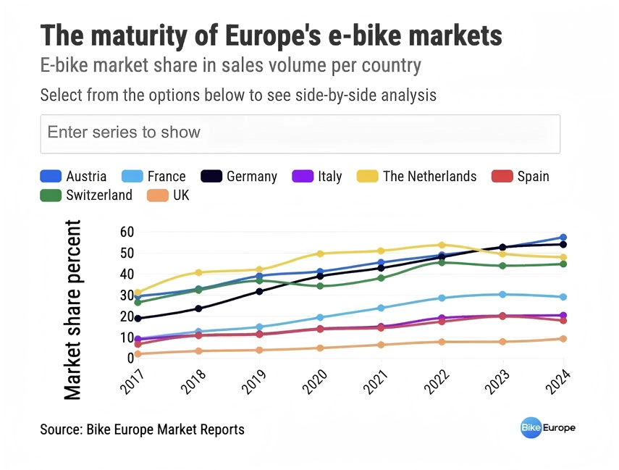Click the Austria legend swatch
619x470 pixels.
(x=51, y=176)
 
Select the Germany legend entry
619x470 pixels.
(x=239, y=176)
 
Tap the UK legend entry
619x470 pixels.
(x=168, y=195)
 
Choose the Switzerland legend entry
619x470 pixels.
(x=86, y=195)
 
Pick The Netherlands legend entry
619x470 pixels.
(x=416, y=176)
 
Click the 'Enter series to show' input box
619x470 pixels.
(x=300, y=134)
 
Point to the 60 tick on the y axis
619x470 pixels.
(x=127, y=232)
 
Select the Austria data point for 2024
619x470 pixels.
(x=563, y=238)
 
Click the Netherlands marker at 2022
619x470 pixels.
(x=442, y=246)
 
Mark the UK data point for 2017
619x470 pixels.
(x=138, y=354)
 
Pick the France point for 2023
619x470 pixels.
(x=502, y=295)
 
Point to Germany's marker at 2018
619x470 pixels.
(x=198, y=309)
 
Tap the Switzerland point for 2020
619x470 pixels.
(x=320, y=286)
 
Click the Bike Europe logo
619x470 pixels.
(x=548, y=428)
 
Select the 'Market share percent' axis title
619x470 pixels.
(x=72, y=310)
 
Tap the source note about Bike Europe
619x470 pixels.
(x=142, y=429)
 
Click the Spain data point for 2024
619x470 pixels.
(x=563, y=320)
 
